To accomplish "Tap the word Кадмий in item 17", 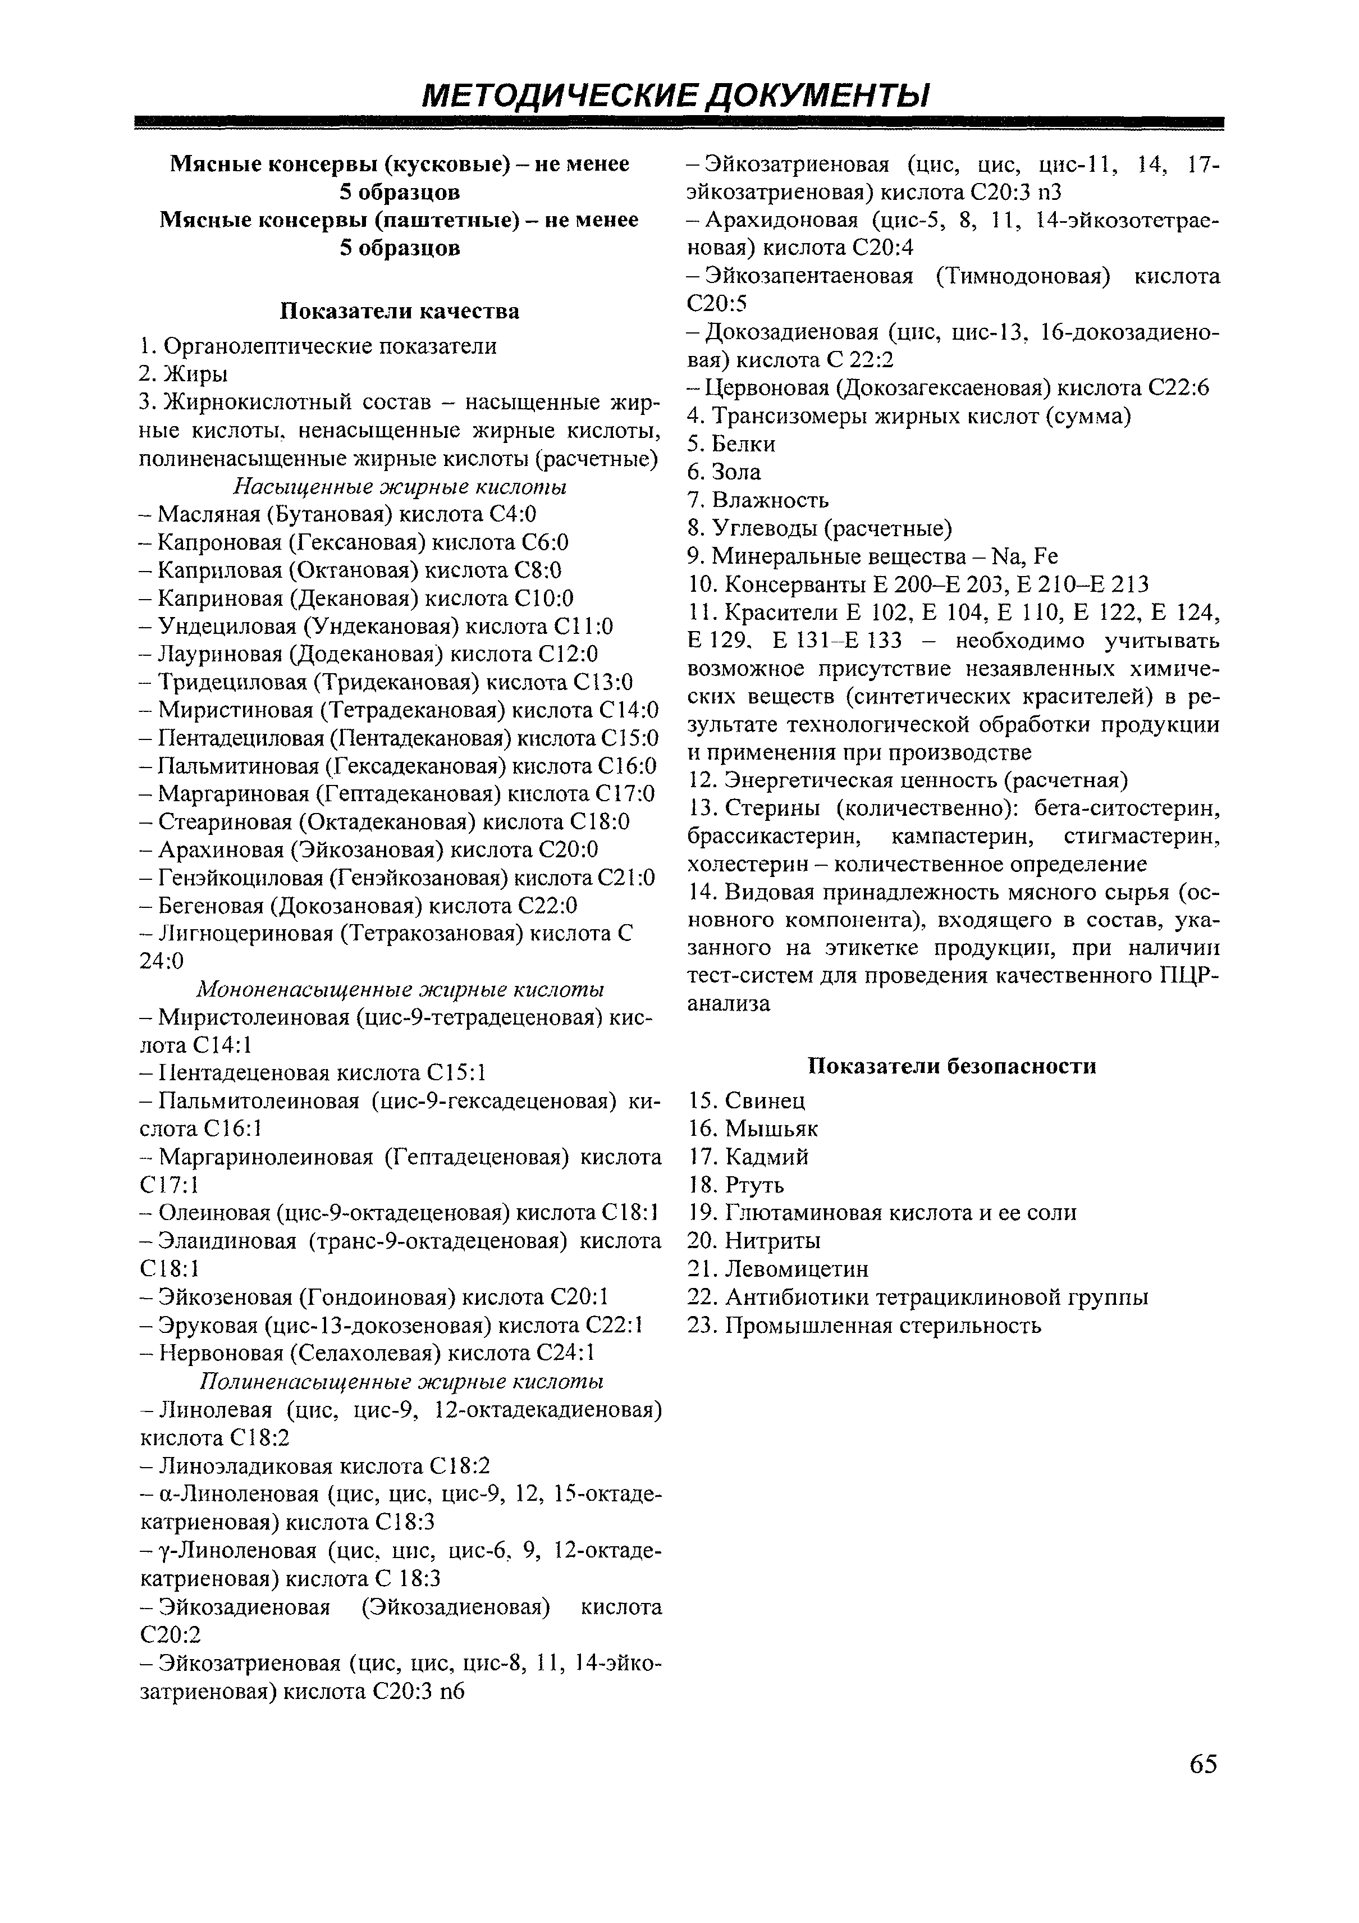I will point(767,1157).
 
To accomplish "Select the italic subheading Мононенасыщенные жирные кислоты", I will point(400,989).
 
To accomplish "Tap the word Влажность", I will point(770,500).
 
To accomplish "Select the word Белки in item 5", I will point(744,444).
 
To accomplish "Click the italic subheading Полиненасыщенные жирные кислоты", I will point(400,1380).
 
